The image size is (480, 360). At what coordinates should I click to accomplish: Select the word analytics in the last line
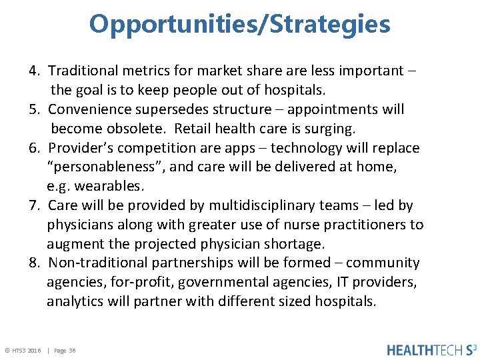click(74, 301)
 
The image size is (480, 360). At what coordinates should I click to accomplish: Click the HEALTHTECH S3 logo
click(431, 349)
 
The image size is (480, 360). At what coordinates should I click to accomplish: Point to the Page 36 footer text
click(65, 350)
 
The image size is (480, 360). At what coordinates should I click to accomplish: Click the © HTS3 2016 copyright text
click(23, 350)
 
